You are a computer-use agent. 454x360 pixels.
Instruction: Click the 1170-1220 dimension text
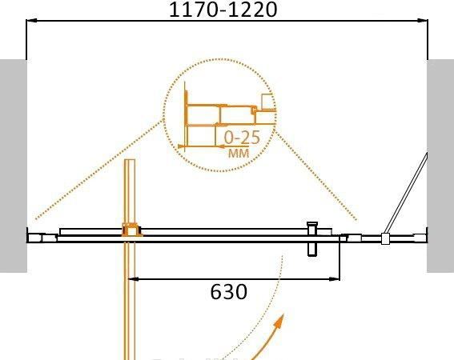pyautogui.click(x=223, y=10)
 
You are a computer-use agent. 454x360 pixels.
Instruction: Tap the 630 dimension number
pyautogui.click(x=229, y=292)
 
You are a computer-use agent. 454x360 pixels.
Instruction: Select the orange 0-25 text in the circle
pyautogui.click(x=242, y=138)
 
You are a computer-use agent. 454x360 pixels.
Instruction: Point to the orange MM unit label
pyautogui.click(x=239, y=153)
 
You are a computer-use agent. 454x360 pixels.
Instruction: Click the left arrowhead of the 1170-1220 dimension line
pyautogui.click(x=31, y=21)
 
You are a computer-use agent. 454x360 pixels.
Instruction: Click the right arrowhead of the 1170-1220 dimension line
pyautogui.click(x=423, y=21)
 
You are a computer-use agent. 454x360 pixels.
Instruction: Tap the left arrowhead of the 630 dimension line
pyautogui.click(x=133, y=279)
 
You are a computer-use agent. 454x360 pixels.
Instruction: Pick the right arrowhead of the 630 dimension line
pyautogui.click(x=335, y=279)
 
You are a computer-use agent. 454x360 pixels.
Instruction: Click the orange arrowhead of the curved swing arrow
pyautogui.click(x=279, y=322)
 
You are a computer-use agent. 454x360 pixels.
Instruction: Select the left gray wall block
pyautogui.click(x=14, y=166)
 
